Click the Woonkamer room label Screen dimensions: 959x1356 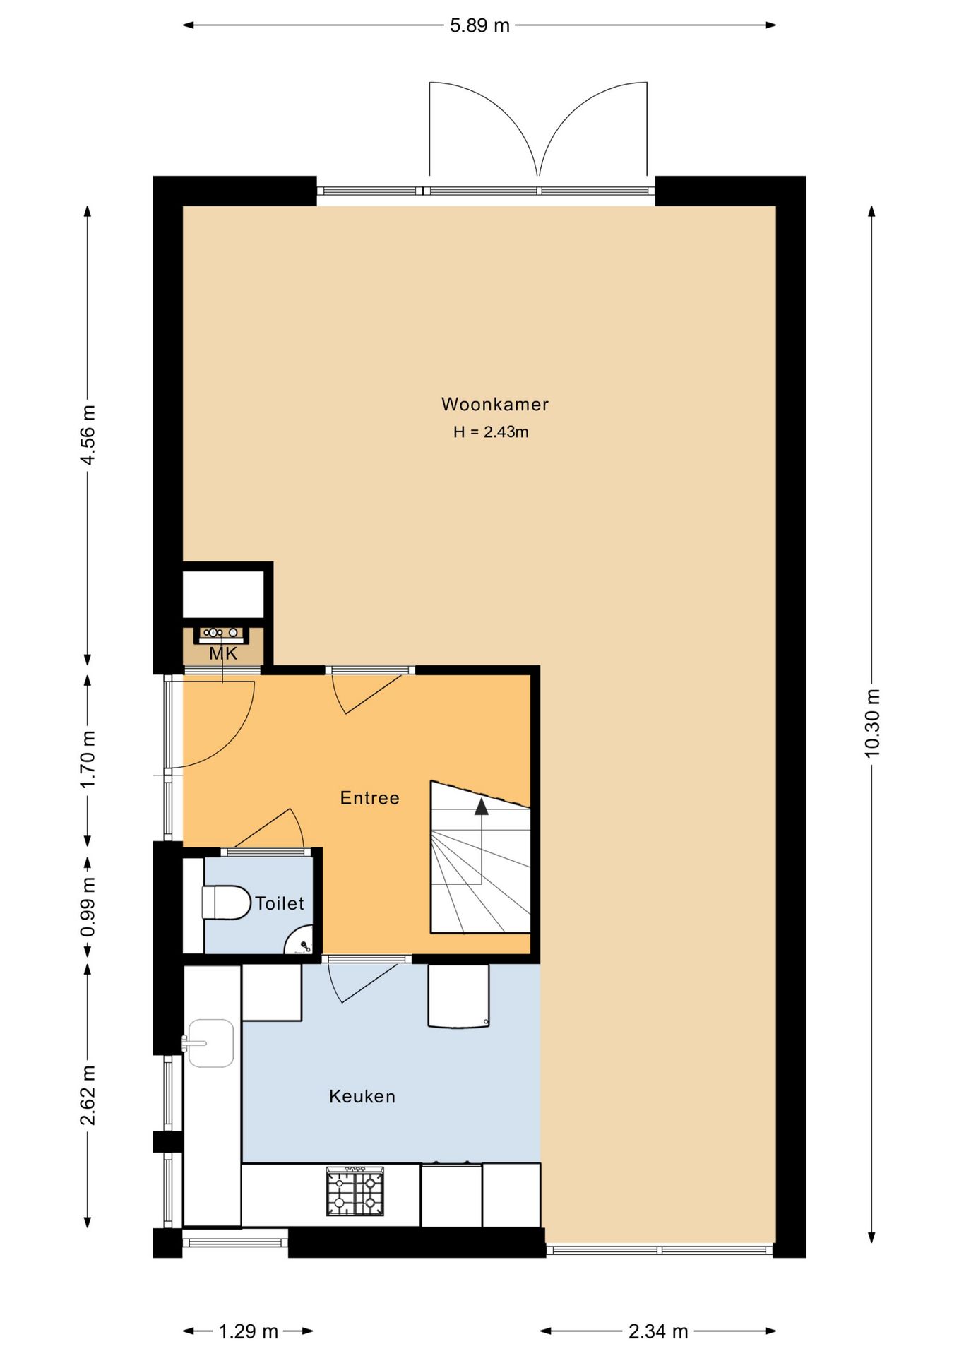(494, 404)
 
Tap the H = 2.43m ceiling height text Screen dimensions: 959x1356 (491, 432)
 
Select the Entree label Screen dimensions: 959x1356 (369, 798)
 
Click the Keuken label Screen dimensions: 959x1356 (362, 1096)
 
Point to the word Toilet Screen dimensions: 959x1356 (280, 903)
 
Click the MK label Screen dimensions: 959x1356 (223, 654)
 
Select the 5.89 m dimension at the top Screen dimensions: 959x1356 (480, 25)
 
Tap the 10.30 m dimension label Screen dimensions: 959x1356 (872, 723)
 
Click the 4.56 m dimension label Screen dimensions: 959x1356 (88, 435)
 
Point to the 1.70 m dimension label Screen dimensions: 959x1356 (88, 760)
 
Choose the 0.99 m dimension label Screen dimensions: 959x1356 (88, 908)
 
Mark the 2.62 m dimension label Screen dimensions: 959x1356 (88, 1095)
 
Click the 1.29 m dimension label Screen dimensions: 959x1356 (248, 1331)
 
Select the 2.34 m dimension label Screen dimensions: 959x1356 (658, 1331)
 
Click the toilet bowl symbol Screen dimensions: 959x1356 (227, 903)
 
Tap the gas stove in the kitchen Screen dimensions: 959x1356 (355, 1191)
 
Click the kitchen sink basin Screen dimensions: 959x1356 (210, 1042)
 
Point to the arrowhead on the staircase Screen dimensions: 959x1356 (482, 807)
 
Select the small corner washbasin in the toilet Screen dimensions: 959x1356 (299, 941)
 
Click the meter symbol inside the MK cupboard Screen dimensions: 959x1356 (221, 633)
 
